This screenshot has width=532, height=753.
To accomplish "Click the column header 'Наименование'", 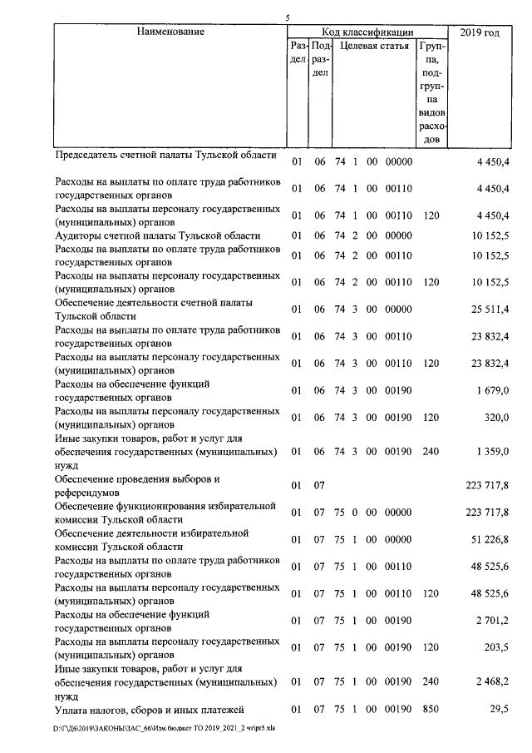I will (x=170, y=32).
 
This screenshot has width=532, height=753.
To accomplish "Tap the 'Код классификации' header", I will (x=367, y=32).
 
